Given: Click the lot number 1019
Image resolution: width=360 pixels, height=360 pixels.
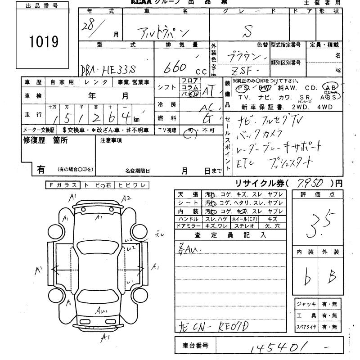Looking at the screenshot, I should (x=44, y=42).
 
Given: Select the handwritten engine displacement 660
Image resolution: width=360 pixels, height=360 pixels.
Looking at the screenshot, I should (x=174, y=68).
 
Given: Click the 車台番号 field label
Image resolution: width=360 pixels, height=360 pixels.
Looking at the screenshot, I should (x=194, y=346).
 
